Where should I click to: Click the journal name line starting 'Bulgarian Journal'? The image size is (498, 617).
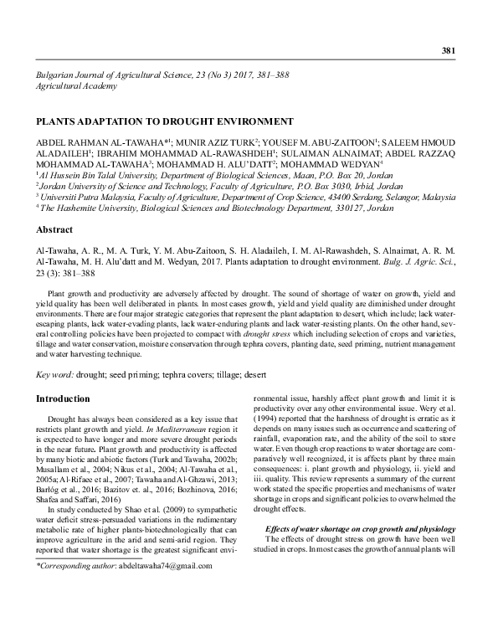[159, 75]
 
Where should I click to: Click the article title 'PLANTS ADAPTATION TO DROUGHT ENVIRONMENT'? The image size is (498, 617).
[163, 121]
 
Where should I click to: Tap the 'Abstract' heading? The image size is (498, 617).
[55, 229]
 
